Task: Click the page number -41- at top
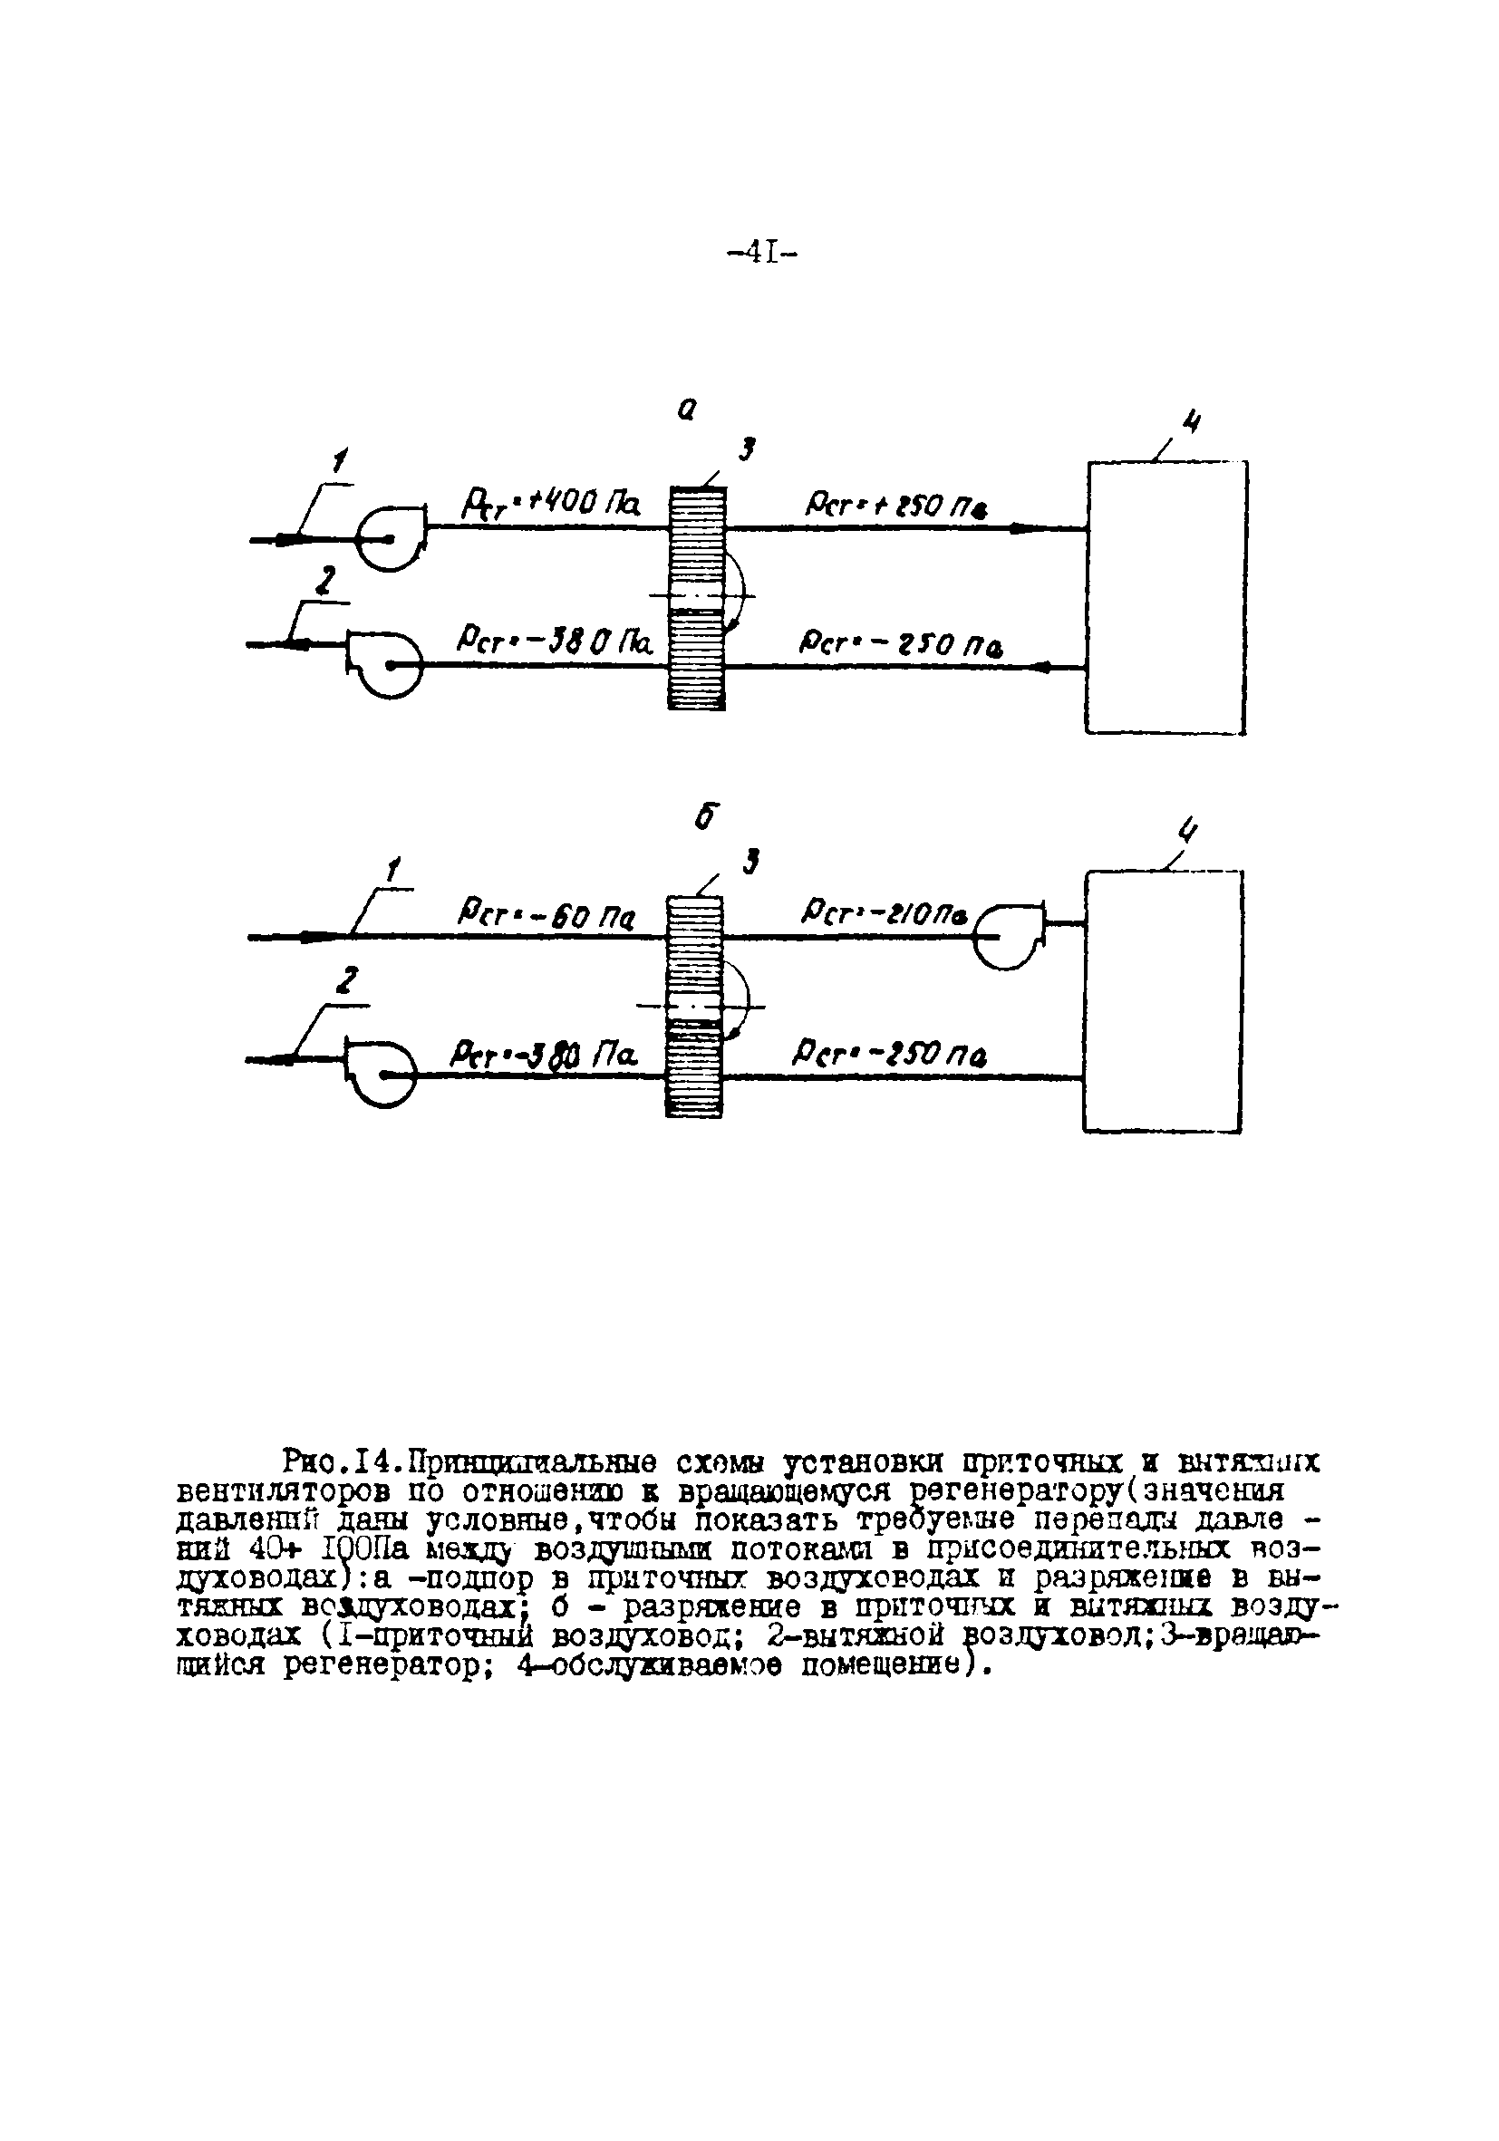pyautogui.click(x=761, y=253)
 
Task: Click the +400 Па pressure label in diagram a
pyautogui.click(x=550, y=505)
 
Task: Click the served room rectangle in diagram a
pyautogui.click(x=1165, y=598)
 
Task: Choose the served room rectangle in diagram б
pyautogui.click(x=1162, y=1001)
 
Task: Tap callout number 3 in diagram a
pyautogui.click(x=745, y=451)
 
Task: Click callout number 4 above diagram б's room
pyautogui.click(x=1187, y=829)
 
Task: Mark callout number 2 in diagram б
pyautogui.click(x=347, y=981)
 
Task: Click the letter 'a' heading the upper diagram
pyautogui.click(x=687, y=410)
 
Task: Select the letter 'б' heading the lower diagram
pyautogui.click(x=707, y=817)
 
